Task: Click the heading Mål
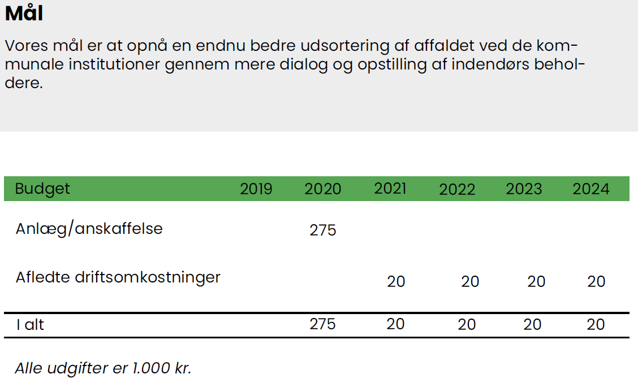coord(24,14)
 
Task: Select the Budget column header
coord(42,189)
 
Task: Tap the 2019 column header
coord(256,189)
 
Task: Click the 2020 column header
coord(322,189)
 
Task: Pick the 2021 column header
coord(390,189)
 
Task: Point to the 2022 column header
coord(457,190)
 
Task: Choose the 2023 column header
coord(524,189)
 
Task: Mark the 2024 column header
coord(591,189)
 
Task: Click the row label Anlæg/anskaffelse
coord(89,229)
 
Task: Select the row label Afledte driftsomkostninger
coord(118,278)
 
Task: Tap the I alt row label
coord(29,325)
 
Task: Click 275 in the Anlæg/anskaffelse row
coord(323,230)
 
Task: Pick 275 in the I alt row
coord(323,324)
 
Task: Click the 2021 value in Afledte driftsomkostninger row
coord(396,281)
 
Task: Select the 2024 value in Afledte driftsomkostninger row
coord(596,281)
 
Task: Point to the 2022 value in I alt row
coord(467,325)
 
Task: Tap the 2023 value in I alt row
coord(532,325)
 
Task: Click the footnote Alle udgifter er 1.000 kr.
coord(104,368)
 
